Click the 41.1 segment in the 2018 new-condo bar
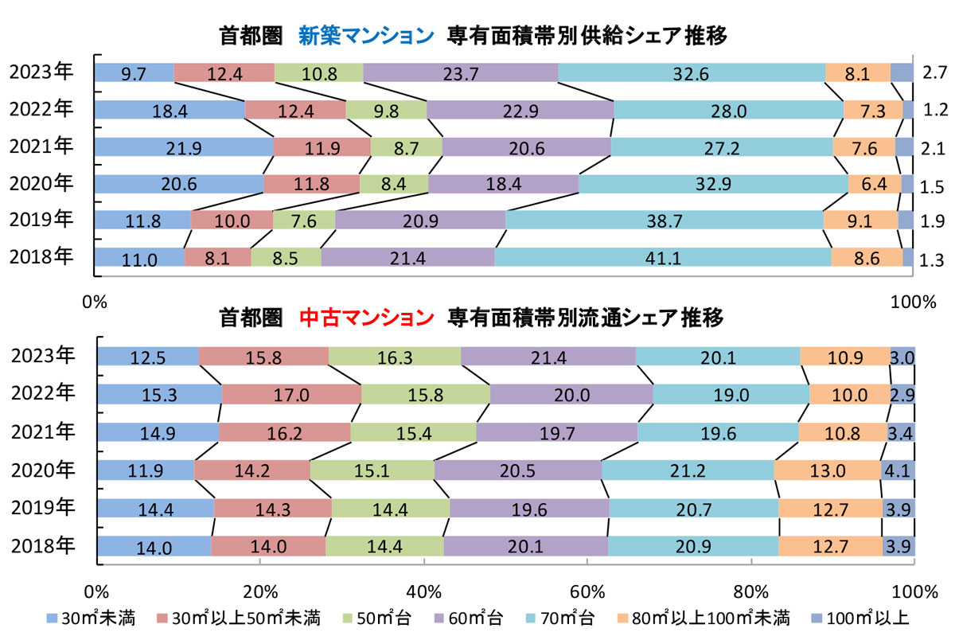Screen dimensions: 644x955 [x=663, y=257]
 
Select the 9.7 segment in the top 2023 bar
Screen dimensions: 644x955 [x=134, y=72]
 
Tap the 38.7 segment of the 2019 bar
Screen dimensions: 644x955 [x=664, y=221]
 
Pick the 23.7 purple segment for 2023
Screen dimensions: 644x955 [x=460, y=72]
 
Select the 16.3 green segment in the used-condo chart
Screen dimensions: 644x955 [x=394, y=358]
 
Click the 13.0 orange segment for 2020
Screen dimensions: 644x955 [x=827, y=470]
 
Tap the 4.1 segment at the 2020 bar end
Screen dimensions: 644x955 [x=898, y=470]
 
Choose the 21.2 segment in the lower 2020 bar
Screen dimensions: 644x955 [x=688, y=470]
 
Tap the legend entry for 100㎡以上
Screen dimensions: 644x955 [x=869, y=618]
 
